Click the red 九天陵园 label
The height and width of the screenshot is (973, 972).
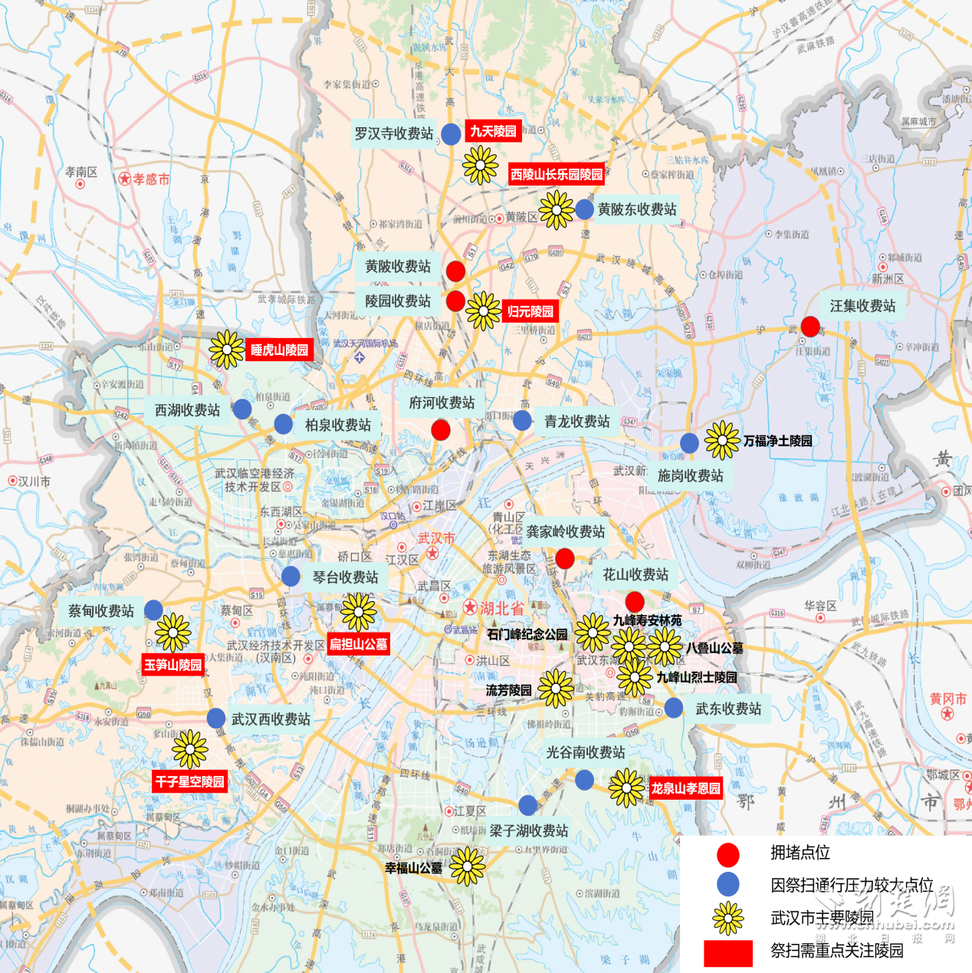(493, 131)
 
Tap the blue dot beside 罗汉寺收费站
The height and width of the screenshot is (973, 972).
(451, 133)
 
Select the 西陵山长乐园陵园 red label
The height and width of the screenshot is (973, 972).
(557, 174)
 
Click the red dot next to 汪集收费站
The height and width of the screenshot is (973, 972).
(810, 327)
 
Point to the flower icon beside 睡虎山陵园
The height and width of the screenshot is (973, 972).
(227, 350)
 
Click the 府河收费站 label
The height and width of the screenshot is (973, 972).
(442, 403)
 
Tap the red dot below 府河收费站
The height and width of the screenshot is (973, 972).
(441, 430)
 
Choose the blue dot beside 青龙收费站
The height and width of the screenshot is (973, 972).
(522, 420)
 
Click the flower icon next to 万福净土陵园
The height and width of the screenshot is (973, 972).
(721, 440)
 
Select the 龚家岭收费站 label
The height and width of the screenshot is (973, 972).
(565, 531)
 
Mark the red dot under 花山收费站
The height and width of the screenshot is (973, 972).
(635, 602)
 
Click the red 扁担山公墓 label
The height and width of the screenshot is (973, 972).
(358, 644)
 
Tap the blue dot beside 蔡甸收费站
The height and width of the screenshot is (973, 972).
(153, 610)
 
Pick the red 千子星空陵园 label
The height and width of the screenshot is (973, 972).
(189, 781)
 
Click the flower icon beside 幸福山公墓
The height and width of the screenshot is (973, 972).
(467, 867)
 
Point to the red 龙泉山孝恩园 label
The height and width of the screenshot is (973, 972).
(685, 787)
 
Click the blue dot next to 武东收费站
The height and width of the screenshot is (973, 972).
(674, 708)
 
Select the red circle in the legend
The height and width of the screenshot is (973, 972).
(727, 854)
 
